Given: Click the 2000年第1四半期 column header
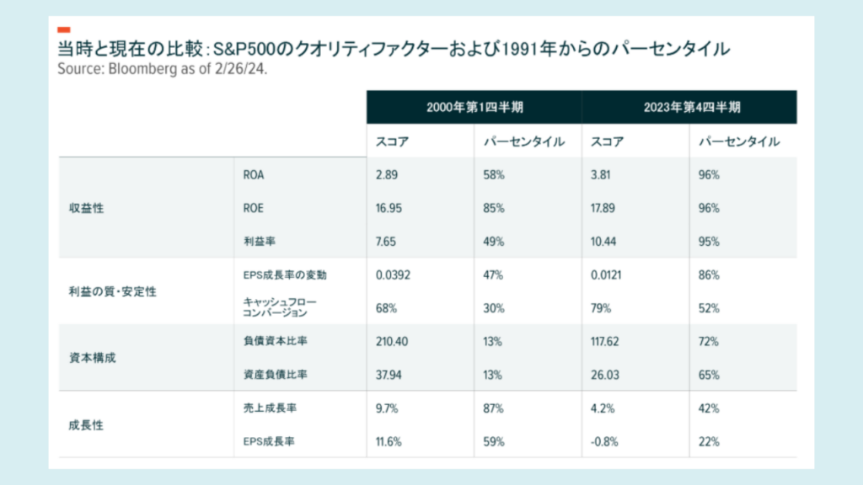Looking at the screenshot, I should tap(474, 108).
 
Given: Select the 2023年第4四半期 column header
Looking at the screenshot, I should tap(689, 108).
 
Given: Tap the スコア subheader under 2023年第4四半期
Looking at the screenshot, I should tap(608, 141).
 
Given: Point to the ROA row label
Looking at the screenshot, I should tap(252, 175).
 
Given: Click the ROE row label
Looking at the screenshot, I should tap(252, 208).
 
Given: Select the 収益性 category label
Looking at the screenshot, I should tap(87, 208).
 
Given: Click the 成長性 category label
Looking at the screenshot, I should tap(87, 424).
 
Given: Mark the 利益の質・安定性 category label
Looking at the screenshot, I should tap(113, 291).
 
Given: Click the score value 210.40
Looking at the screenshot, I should tap(391, 341).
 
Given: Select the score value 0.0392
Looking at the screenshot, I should tap(392, 275).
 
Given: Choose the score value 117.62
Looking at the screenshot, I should tap(607, 341).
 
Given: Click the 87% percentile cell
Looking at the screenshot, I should tap(494, 408).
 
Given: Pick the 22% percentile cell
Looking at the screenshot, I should tap(709, 441).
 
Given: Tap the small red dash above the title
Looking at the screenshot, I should tap(64, 29).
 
